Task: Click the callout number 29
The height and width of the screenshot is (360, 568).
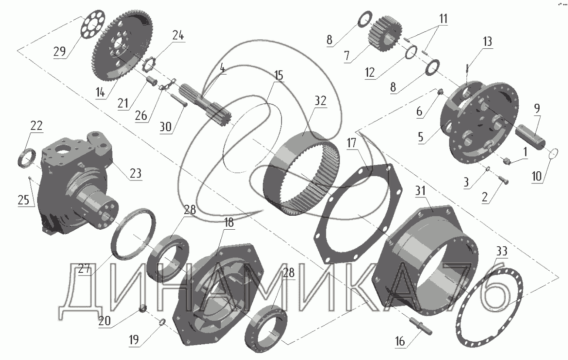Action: [60, 51]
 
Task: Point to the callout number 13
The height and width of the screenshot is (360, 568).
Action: [487, 41]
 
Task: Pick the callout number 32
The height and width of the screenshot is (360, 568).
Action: [320, 101]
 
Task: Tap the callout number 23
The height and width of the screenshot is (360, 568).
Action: [135, 173]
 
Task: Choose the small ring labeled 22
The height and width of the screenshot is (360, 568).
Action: [27, 158]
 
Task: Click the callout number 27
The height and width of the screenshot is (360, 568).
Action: [84, 268]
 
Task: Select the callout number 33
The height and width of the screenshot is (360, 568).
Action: [501, 251]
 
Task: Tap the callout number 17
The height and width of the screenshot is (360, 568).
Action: [352, 143]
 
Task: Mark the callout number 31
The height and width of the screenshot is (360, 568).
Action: [420, 190]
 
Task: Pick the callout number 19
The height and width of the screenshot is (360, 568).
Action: [134, 340]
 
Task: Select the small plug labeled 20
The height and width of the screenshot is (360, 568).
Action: [143, 309]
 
